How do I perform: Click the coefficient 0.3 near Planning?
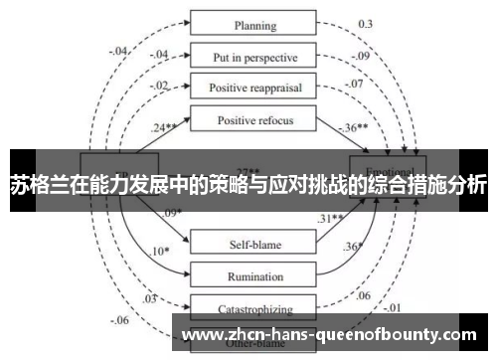point(366,23)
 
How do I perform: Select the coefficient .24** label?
point(165,126)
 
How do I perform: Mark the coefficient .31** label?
point(329,218)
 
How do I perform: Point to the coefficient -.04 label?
point(120,51)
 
